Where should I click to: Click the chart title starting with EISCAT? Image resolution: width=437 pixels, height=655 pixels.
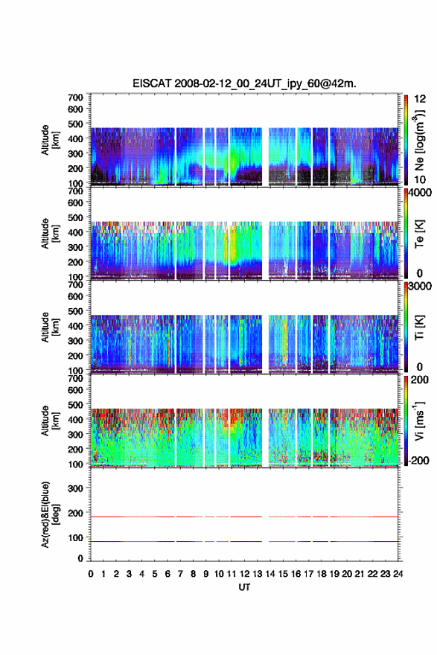point(244,83)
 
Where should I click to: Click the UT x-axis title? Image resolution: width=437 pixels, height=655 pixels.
point(244,587)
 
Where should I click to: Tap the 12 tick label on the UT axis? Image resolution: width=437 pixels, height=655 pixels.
point(244,574)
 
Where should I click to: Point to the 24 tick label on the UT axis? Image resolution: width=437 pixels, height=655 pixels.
point(398,574)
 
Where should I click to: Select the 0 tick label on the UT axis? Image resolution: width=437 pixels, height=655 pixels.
point(91,574)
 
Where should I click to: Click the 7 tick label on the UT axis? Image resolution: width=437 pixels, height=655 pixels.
point(180,574)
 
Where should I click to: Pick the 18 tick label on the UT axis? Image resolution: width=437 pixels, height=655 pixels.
point(322,574)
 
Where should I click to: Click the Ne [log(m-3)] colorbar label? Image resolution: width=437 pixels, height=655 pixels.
point(419,141)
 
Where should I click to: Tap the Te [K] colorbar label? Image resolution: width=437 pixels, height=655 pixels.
point(419,234)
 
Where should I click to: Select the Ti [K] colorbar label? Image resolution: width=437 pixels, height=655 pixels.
point(419,327)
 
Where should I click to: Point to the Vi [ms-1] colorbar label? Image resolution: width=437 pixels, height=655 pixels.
point(419,421)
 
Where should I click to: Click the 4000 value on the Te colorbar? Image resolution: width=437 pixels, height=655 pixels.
point(420,193)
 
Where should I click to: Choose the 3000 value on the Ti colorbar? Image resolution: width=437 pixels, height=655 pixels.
point(420,286)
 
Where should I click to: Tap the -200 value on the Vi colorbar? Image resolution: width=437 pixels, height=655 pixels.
point(419,460)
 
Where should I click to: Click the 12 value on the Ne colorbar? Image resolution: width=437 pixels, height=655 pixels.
point(420,99)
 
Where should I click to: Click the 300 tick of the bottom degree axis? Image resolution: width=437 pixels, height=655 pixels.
point(75,488)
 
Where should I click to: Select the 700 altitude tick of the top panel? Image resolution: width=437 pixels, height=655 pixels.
point(75,98)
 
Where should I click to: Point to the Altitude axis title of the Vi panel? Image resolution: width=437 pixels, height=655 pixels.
point(50,421)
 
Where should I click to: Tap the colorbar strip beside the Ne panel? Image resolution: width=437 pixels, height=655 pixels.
point(406,141)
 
